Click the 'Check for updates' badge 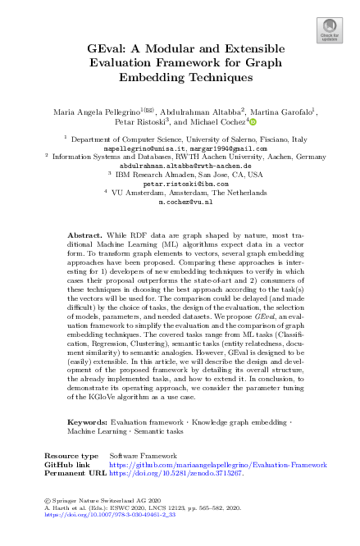click(329, 29)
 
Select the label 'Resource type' click(71, 455)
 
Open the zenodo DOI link click(175, 473)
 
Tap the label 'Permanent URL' click(75, 473)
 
